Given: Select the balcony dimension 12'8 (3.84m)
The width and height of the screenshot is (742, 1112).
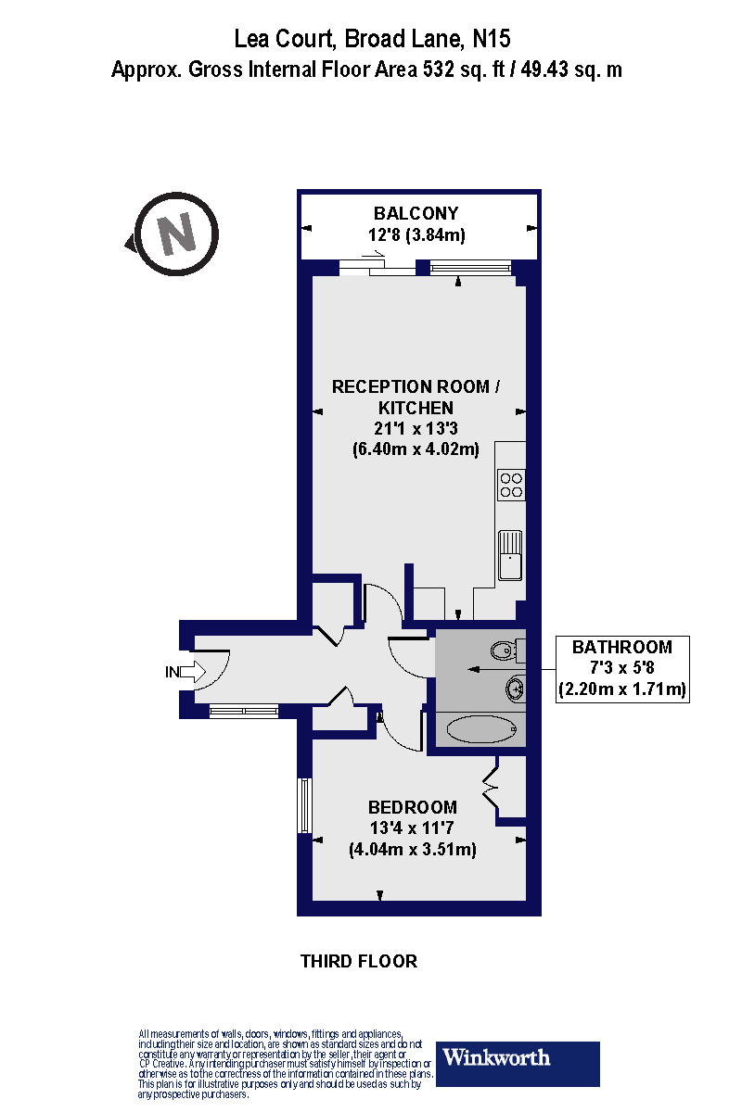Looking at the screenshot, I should pyautogui.click(x=416, y=234).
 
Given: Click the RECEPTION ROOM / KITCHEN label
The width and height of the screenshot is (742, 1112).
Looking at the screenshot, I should pyautogui.click(x=416, y=397).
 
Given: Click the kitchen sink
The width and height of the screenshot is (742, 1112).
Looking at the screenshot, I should pyautogui.click(x=510, y=554).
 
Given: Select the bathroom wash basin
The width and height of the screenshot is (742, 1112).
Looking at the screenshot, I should pyautogui.click(x=514, y=689).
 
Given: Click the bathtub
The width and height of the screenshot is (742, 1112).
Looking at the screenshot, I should pyautogui.click(x=480, y=729).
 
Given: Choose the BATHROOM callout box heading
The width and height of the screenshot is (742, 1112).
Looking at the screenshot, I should pyautogui.click(x=621, y=647).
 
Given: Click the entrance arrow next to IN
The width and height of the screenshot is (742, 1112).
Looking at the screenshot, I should pyautogui.click(x=192, y=672).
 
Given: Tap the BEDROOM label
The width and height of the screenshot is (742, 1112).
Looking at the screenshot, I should pyautogui.click(x=412, y=807).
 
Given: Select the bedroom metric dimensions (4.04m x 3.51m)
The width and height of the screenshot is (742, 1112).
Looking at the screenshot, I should pyautogui.click(x=412, y=849).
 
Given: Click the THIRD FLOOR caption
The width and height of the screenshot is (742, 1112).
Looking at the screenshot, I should pyautogui.click(x=359, y=961).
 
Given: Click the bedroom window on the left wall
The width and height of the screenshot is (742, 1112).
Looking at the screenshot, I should pyautogui.click(x=302, y=805).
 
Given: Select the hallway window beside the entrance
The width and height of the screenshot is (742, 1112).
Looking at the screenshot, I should pyautogui.click(x=240, y=712).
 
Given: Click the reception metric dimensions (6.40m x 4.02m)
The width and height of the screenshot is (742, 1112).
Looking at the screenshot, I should pyautogui.click(x=416, y=450).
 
